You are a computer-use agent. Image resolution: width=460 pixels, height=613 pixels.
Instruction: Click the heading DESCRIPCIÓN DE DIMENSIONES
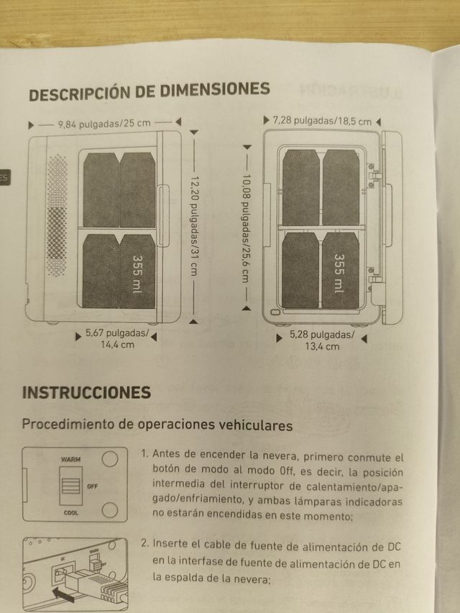pos(149,91)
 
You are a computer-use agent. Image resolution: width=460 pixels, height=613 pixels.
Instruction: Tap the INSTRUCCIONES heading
pos(87,392)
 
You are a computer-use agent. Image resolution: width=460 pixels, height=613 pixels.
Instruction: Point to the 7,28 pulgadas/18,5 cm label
pos(323,120)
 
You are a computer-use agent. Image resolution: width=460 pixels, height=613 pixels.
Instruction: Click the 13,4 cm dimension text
pos(323,347)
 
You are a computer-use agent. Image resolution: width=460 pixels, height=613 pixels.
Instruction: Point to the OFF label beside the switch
pos(92,486)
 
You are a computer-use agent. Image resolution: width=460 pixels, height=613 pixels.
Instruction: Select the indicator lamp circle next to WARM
pos(109,459)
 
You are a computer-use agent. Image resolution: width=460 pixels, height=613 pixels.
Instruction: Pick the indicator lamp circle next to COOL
pos(109,510)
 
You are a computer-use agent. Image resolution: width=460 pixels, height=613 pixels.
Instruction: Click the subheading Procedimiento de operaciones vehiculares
pos(157,424)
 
